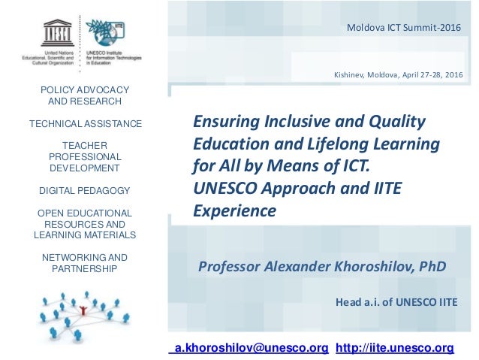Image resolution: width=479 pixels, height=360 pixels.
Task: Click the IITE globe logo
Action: tap(101, 32)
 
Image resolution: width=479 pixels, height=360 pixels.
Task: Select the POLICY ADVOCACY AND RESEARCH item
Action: tap(84, 95)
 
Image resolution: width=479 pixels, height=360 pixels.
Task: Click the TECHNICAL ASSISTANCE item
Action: tap(84, 123)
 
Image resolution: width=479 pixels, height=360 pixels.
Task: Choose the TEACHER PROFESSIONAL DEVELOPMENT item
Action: tap(84, 156)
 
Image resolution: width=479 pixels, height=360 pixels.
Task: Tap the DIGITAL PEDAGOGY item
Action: tap(84, 190)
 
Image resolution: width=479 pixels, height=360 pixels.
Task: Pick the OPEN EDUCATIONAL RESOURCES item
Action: tap(84, 224)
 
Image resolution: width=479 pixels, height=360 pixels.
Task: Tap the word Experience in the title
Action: tap(235, 211)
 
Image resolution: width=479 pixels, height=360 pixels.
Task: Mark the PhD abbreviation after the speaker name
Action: tap(432, 266)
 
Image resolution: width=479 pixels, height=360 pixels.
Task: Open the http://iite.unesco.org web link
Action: tap(394, 347)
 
